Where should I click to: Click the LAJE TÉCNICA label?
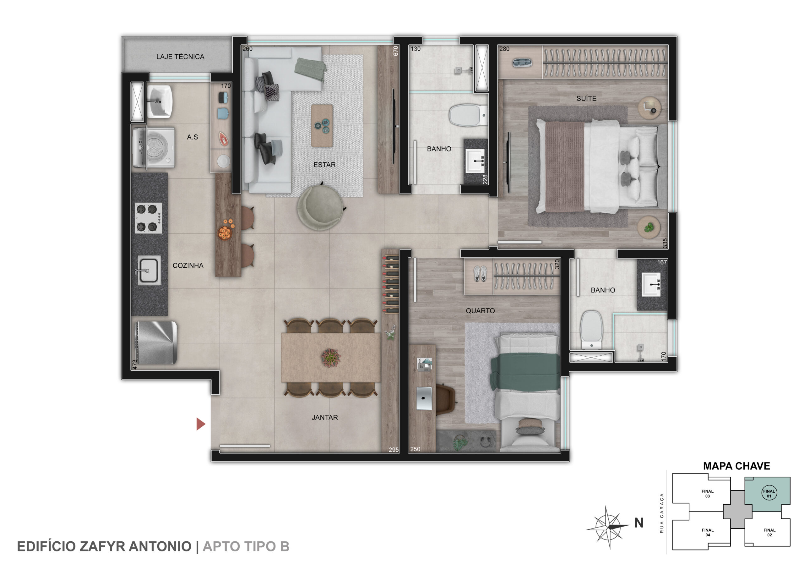pos(180,57)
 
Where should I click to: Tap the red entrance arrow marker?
pos(200,424)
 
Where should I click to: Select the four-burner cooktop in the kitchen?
pos(149,218)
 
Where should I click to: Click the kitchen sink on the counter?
pos(149,270)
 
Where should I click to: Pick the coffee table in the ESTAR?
pos(322,125)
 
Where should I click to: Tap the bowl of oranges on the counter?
pos(225,231)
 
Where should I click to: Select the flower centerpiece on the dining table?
pos(331,358)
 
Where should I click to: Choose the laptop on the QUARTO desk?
pos(424,398)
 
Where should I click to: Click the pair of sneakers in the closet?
pos(480,273)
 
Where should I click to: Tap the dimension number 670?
pos(396,51)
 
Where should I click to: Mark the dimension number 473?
pos(135,364)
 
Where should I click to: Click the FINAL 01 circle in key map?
pos(769,493)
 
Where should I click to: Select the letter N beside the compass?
pos(639,523)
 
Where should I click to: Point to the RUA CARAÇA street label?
pos(662,513)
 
